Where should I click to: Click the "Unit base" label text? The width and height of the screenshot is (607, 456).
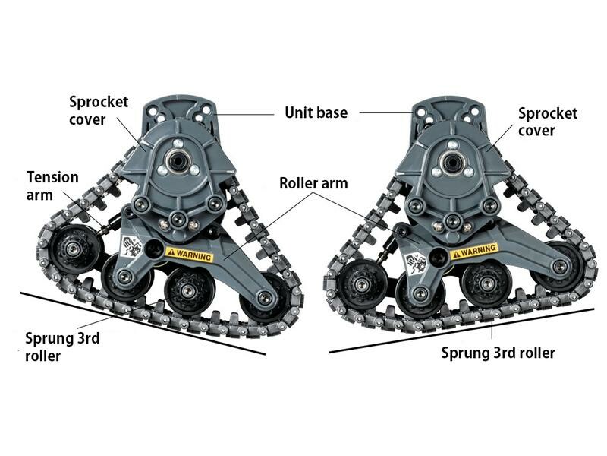tap(316, 112)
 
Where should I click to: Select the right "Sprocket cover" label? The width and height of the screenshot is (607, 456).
tap(547, 122)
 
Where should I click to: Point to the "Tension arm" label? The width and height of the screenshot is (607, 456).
tap(52, 185)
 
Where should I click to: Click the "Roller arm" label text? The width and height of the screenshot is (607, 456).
tap(313, 183)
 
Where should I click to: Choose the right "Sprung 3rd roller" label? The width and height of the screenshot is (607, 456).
tap(498, 353)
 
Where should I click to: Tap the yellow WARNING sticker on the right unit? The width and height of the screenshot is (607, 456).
tap(474, 250)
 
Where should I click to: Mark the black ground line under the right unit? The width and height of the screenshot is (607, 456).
tap(462, 331)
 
